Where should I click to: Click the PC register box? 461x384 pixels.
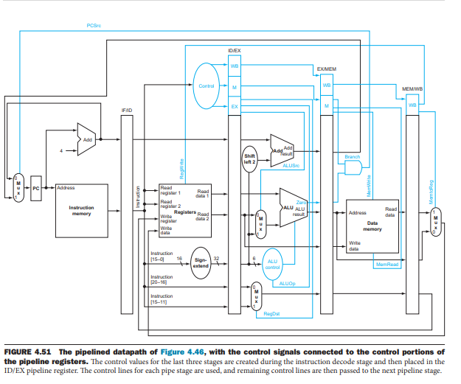coord(36,189)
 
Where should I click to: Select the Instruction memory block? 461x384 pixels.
coord(81,210)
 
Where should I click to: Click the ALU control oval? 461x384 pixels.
coord(272,263)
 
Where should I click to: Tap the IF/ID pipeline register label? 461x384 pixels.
coord(127,110)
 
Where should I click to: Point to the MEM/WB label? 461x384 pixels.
coord(412,88)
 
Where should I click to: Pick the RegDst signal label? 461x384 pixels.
coord(271,313)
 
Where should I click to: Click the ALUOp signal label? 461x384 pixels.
coord(288,283)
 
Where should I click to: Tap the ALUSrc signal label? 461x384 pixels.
coord(291,166)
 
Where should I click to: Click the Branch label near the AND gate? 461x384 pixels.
coord(353,156)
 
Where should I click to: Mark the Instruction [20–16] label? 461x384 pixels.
coord(162,279)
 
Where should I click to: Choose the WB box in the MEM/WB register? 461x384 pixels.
coord(412,105)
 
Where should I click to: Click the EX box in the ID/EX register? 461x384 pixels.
coord(235,106)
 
